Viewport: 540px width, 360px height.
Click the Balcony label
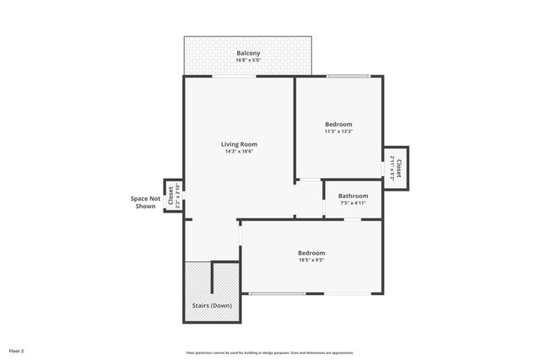248,53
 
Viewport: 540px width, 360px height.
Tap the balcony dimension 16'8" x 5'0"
248,61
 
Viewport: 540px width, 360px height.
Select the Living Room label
239,144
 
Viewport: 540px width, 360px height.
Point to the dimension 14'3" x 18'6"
239,152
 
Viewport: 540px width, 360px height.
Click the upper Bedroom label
338,124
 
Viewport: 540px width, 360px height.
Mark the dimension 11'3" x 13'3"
338,132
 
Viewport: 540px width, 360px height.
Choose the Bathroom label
353,196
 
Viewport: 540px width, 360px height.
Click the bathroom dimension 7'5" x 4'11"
353,203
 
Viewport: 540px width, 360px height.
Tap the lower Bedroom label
310,253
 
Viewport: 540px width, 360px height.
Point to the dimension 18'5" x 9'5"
310,261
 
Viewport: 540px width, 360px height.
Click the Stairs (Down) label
212,305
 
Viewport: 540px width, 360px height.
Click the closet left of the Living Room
172,196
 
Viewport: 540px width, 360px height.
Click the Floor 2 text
17,350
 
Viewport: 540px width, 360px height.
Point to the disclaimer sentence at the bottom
270,352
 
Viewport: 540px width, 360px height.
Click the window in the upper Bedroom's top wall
348,77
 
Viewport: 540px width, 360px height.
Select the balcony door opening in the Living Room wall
235,77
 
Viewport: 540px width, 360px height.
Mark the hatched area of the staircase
197,278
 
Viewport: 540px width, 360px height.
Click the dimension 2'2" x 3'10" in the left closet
176,196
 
